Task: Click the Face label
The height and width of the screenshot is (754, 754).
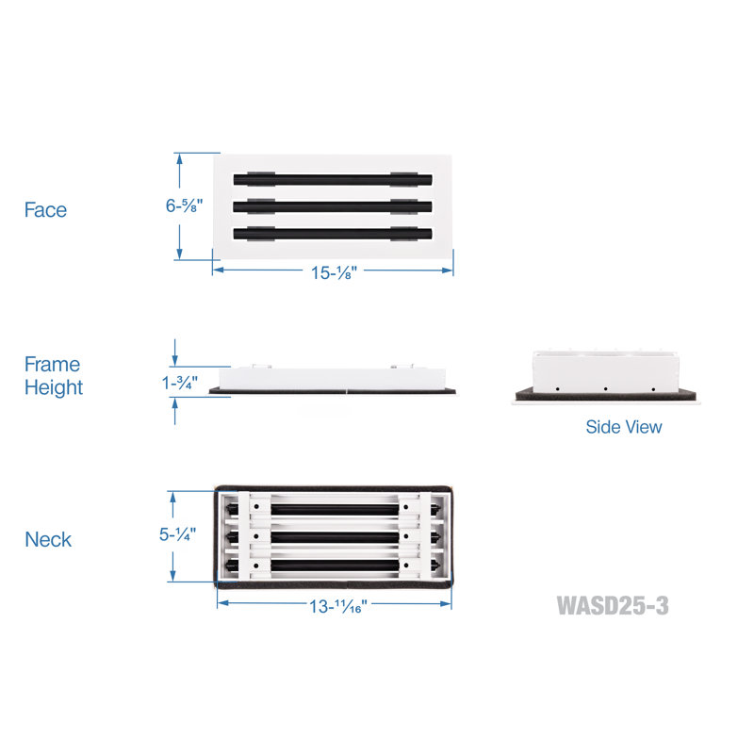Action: tap(45, 210)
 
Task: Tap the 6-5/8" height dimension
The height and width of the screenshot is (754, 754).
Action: tap(184, 205)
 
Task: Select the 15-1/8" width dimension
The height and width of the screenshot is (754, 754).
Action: tap(334, 272)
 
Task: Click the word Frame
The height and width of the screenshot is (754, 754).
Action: tap(52, 365)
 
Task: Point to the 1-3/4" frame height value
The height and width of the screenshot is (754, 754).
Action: tap(179, 384)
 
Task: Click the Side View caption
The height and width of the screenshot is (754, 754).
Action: tap(624, 427)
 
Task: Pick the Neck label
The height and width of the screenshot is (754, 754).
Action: tap(48, 539)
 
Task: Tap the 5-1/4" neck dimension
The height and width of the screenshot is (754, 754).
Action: tap(177, 534)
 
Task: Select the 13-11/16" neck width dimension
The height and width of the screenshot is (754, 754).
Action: tap(337, 606)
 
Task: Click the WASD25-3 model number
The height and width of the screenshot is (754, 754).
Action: tap(613, 605)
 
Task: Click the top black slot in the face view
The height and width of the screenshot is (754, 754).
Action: tap(333, 180)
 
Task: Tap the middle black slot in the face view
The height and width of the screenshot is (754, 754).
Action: tap(333, 206)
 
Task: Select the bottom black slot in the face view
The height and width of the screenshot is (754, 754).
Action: tap(333, 234)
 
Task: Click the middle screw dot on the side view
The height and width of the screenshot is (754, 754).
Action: tap(605, 388)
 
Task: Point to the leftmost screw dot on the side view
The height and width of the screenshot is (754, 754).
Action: tap(557, 388)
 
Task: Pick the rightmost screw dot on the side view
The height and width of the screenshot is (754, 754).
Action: tap(653, 388)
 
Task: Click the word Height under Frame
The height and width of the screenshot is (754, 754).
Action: tap(54, 387)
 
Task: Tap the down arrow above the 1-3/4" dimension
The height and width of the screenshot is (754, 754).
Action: tap(174, 352)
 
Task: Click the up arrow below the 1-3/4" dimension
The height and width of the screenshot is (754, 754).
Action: tap(175, 411)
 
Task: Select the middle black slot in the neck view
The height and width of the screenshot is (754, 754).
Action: tap(335, 536)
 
